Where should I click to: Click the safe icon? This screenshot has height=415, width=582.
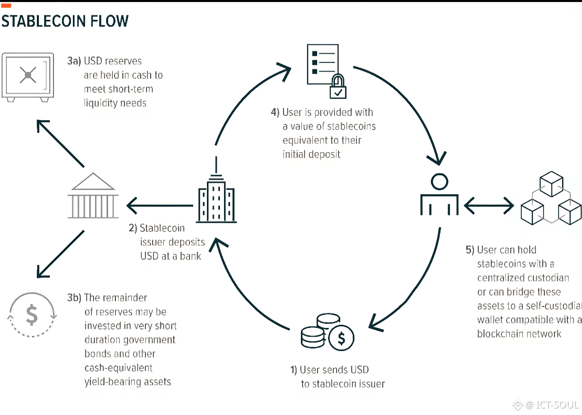point(28,77)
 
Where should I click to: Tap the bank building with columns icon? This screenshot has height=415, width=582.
point(93,196)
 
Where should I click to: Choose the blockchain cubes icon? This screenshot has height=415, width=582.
point(551,198)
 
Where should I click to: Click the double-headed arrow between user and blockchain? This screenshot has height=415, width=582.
point(489,206)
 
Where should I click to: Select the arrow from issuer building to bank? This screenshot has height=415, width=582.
point(160,206)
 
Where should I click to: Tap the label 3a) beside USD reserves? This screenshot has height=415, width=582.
point(74,61)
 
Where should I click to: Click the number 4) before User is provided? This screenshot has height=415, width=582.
point(275,112)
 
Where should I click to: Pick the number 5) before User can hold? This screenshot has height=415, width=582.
point(470,250)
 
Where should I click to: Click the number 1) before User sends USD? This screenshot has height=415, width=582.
point(294,370)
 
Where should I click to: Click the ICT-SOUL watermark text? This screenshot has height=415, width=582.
point(557,405)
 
